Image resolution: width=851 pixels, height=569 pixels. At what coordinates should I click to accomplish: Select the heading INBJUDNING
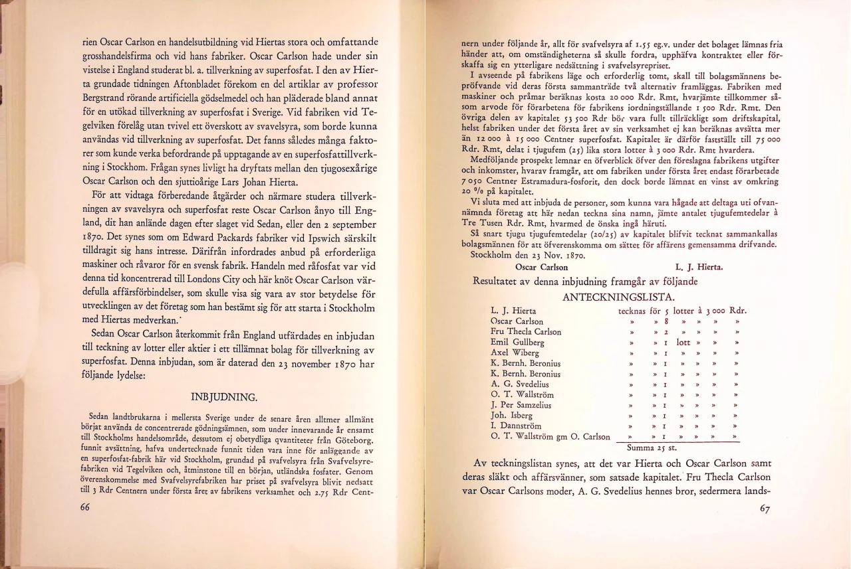click(224, 398)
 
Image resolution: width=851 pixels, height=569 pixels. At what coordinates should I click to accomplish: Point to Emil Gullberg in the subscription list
click(517, 343)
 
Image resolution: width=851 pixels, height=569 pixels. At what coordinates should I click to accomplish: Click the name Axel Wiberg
click(513, 353)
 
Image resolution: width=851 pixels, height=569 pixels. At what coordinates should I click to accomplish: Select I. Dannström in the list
click(516, 426)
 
